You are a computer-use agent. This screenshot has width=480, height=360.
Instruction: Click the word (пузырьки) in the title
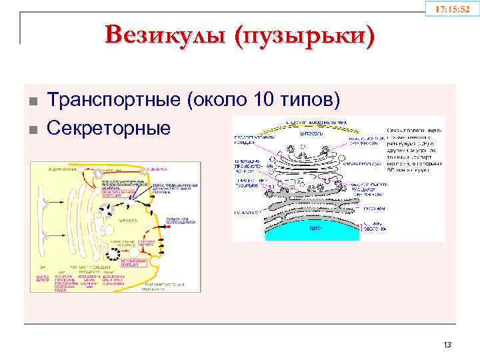point(301,35)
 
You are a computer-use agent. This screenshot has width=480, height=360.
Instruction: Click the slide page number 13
point(447,344)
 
